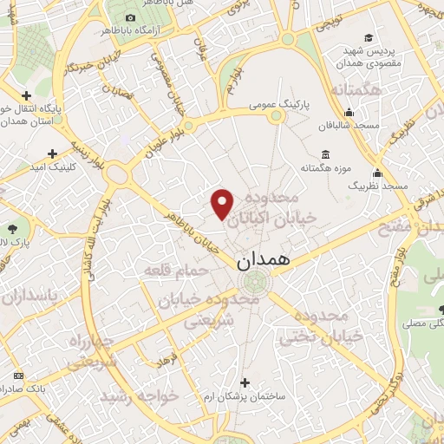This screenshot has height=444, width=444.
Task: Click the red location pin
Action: point(223,205)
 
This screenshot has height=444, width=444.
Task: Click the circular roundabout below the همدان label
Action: point(254,282)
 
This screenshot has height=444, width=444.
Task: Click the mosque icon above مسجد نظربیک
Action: point(377,173)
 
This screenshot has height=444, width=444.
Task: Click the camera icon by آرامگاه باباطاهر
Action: point(130,17)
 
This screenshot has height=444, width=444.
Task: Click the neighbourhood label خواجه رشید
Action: point(139,396)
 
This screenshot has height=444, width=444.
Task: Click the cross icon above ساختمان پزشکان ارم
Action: point(245,382)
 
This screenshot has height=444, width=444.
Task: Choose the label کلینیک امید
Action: point(55,166)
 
